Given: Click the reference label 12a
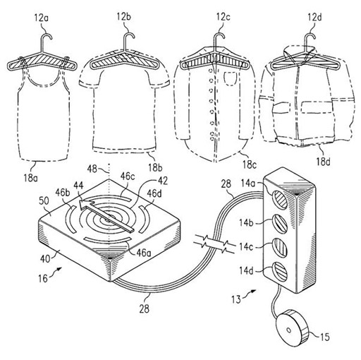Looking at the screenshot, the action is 42,18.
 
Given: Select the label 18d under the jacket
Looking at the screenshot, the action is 323,162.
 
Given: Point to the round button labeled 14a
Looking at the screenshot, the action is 280,199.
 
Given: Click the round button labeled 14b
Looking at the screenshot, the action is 280,224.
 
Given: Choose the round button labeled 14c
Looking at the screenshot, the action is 280,248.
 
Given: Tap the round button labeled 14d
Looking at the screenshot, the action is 280,272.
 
